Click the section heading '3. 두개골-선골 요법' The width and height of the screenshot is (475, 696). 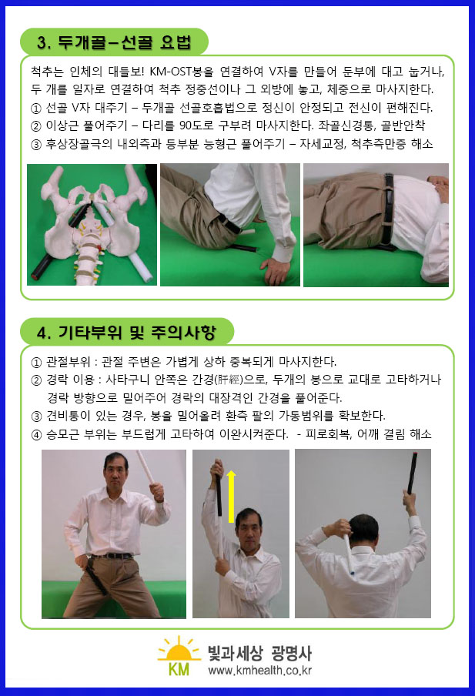coord(114,42)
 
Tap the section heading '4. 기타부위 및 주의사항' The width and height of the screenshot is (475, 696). coord(126,332)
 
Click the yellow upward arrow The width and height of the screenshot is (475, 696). coord(231,497)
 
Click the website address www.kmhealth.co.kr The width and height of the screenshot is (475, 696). coord(259,671)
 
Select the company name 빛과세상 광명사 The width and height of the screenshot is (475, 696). coord(259,653)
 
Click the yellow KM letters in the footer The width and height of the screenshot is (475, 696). coord(179,668)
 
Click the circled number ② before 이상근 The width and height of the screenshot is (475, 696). coord(36,126)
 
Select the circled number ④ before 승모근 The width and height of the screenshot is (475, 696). coord(36,434)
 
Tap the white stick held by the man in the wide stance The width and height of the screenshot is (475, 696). coord(146,467)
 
